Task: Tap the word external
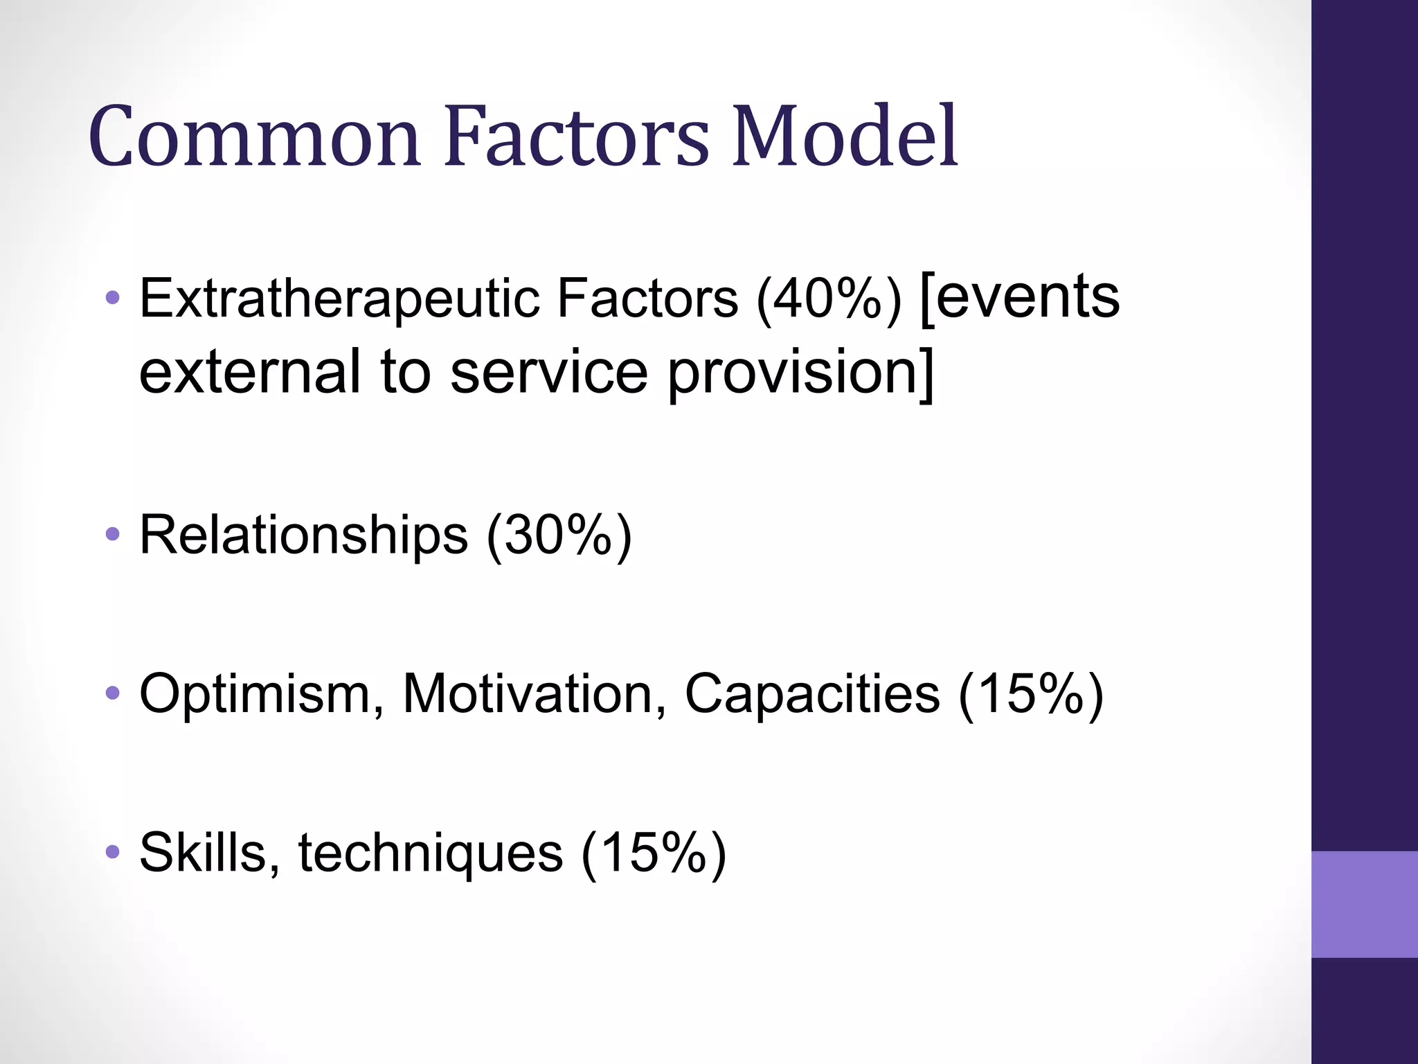pos(250,371)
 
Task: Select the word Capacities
pos(812,693)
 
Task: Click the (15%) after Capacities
pos(1031,693)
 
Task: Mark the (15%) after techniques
pos(654,852)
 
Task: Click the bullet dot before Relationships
pos(112,535)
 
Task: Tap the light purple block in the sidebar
pos(1364,904)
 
